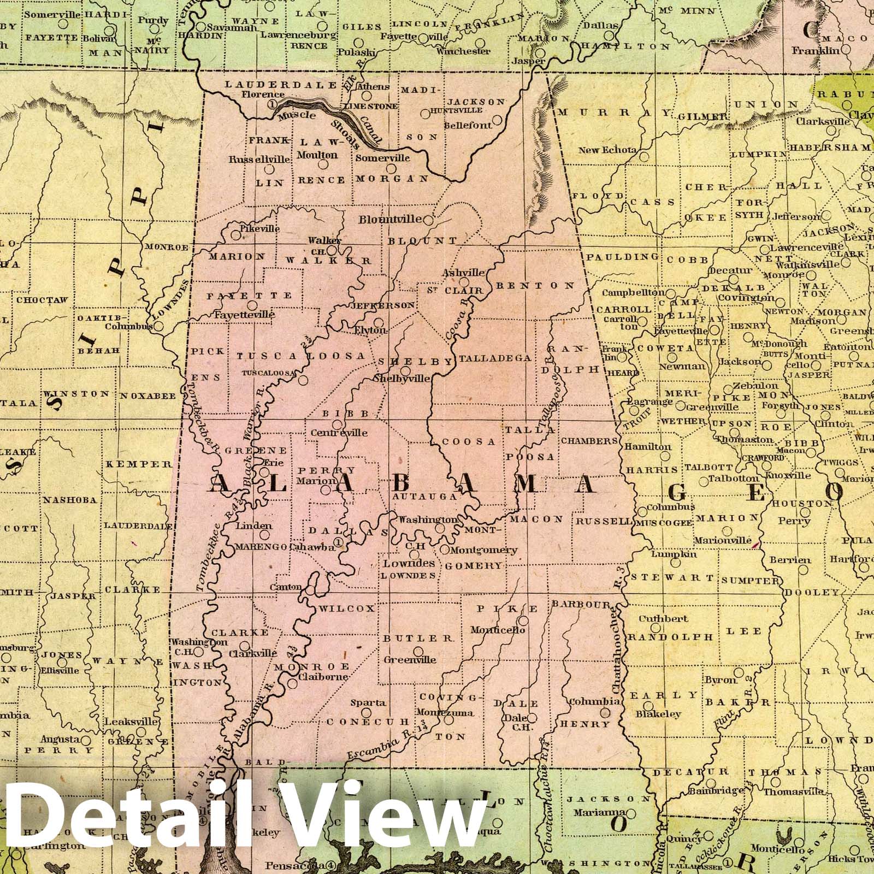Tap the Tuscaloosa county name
300,356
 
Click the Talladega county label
495,358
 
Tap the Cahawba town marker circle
339,542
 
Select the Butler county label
418,638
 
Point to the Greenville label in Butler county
417,660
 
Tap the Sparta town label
368,703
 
